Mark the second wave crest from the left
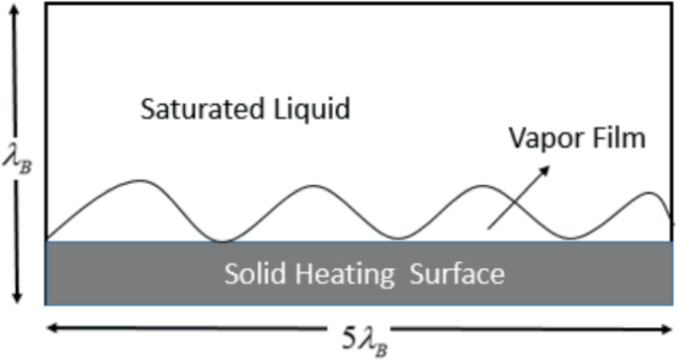pos(312,183)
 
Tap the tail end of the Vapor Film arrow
pos(489,230)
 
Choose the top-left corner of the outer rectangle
pos(46,5)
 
